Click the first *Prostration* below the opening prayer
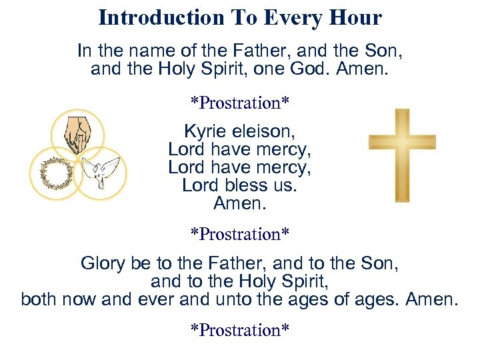240,103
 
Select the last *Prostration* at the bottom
240,330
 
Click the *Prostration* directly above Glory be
240,234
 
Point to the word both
39,299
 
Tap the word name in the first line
144,51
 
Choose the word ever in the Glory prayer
155,299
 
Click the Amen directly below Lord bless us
240,203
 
